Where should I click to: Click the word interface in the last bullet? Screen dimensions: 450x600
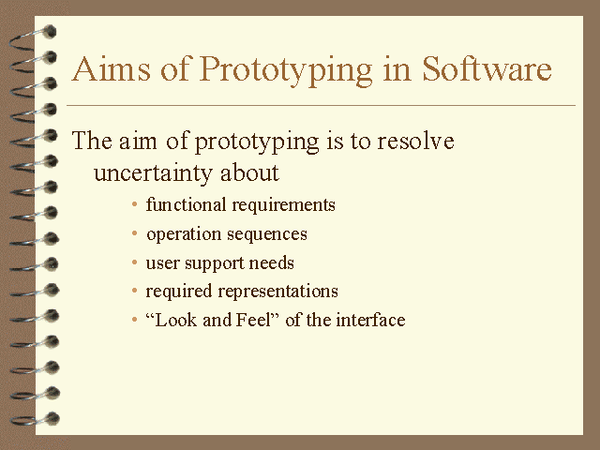372,320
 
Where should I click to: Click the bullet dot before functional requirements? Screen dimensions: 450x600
136,205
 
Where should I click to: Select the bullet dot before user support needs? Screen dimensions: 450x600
136,262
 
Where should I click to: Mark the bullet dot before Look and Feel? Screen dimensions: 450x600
136,320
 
